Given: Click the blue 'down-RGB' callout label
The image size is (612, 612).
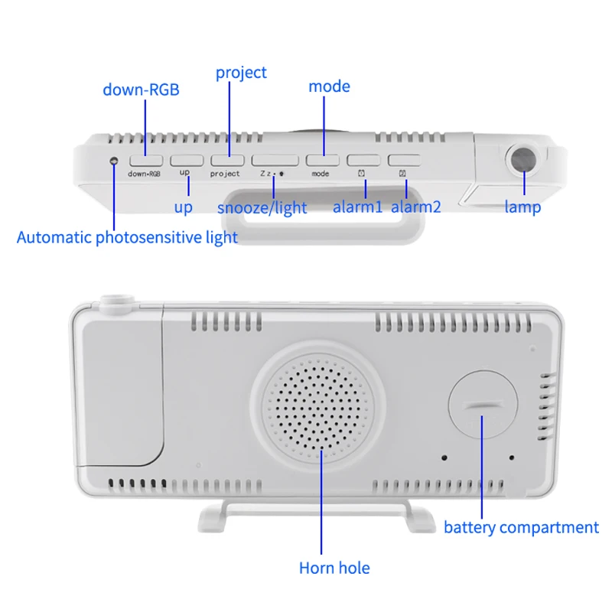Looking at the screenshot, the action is pos(141,90).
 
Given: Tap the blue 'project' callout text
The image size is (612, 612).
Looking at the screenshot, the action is pos(241,73).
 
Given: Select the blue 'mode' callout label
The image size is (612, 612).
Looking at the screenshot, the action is pos(329,86).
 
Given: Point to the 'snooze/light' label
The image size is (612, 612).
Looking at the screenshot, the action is pos(262,207).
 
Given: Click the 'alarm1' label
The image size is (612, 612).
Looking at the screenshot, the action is pos(357,207).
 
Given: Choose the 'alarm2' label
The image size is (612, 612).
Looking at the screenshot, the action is pos(416,207).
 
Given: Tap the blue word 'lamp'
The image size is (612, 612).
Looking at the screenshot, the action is pos(522,207).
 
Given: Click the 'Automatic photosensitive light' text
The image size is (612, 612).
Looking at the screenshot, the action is pos(127,237).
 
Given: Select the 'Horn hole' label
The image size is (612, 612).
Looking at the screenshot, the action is pos(334,568).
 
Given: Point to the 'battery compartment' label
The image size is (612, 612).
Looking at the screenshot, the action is pos(521,527).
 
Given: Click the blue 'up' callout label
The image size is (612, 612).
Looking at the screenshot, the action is pos(183,207).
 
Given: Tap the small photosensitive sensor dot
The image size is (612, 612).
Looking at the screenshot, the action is pos(114,161).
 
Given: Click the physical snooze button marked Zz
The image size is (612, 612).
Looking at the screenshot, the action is pos(269,161).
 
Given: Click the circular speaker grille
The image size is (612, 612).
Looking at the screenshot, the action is pos(321,404).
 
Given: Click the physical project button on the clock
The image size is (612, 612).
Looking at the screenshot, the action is pos(226,161).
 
